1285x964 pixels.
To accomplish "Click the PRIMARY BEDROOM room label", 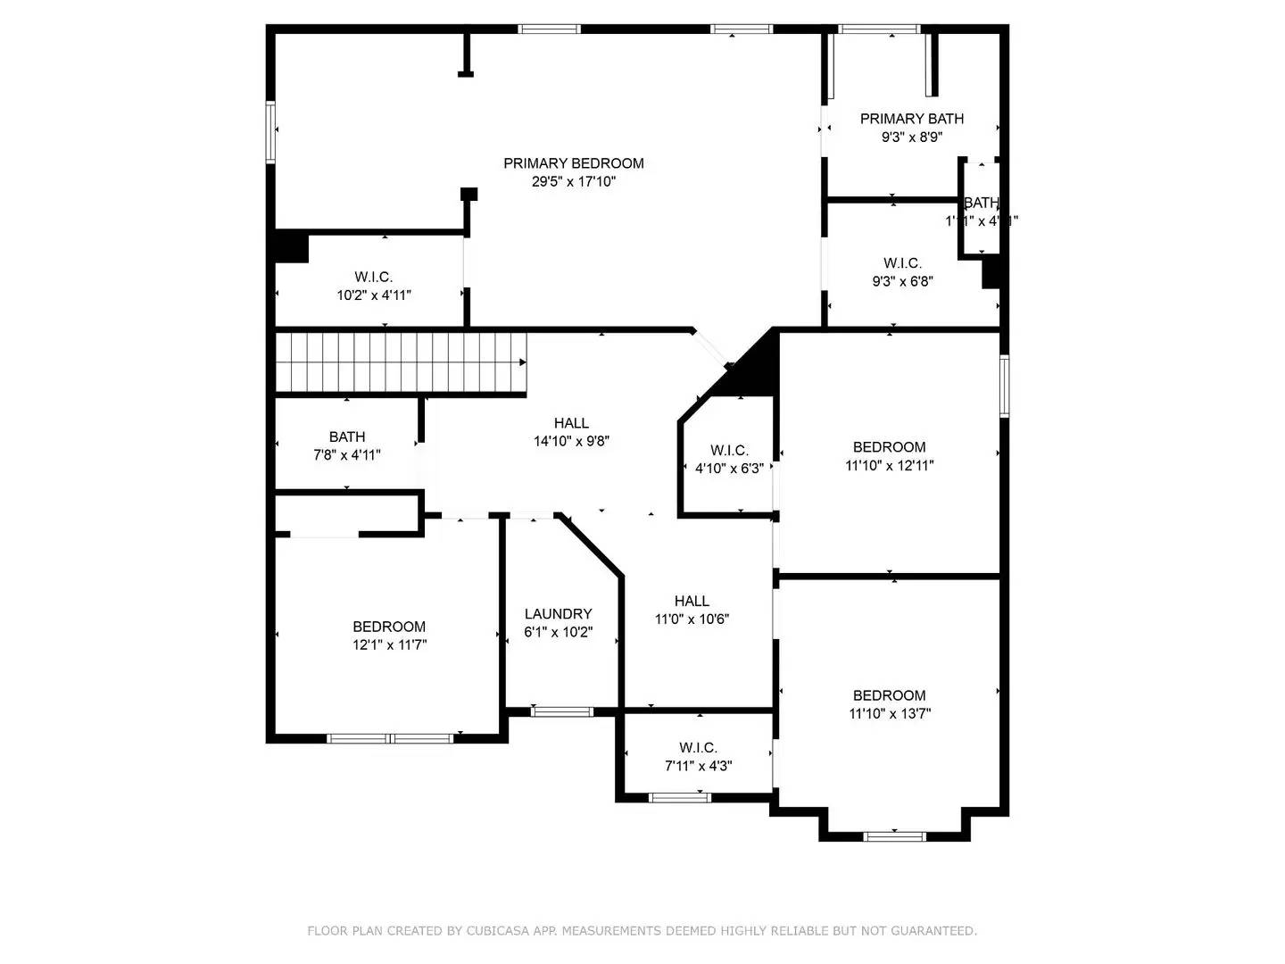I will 573,163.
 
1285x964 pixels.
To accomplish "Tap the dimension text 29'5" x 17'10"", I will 574,181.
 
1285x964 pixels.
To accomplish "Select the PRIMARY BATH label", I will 911,119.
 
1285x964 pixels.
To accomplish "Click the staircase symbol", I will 400,362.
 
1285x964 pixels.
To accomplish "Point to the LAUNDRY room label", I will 558,614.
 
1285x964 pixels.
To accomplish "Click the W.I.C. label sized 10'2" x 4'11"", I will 373,278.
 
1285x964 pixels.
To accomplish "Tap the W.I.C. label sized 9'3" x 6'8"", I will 902,263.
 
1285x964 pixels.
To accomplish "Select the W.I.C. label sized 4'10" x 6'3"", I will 729,451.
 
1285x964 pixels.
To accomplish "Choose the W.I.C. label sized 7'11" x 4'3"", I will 698,748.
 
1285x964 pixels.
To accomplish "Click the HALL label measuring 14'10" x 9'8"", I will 571,423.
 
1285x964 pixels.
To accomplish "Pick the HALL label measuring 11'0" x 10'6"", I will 692,602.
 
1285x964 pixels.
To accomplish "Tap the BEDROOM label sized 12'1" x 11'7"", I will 389,627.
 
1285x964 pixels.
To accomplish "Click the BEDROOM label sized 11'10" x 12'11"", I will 889,447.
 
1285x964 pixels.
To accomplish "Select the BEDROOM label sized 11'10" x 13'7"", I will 889,695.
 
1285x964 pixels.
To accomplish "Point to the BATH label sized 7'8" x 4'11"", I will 346,437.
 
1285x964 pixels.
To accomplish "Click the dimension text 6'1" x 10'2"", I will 558,633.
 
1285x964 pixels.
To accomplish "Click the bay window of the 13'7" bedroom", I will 895,836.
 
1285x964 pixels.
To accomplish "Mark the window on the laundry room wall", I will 561,711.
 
